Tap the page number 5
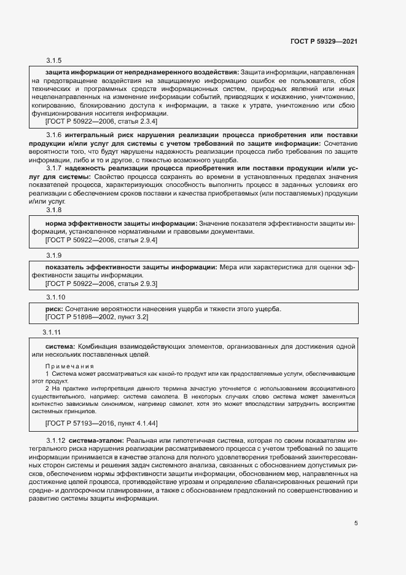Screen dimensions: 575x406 356,523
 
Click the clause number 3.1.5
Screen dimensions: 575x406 54,60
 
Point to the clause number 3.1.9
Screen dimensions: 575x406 54,255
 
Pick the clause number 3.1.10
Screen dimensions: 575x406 56,296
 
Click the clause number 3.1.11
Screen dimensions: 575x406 52,333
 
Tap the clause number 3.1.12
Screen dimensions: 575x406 56,441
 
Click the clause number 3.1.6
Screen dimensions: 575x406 56,135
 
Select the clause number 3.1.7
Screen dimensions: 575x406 56,168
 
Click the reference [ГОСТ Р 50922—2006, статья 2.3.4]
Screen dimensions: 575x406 102,122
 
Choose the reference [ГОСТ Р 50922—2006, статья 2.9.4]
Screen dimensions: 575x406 102,241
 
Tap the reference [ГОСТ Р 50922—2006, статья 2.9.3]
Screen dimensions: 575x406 102,284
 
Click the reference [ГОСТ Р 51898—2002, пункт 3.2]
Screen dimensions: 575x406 97,317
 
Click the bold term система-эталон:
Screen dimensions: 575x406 96,441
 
